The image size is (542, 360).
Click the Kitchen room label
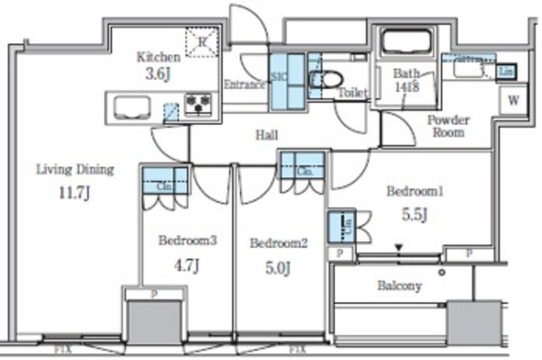(158, 58)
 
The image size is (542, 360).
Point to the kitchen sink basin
(130, 107)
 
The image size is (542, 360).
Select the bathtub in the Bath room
(406, 42)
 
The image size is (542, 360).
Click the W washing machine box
(513, 99)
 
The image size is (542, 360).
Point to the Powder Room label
(448, 126)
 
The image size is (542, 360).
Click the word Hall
(267, 134)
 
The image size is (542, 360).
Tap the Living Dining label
(75, 169)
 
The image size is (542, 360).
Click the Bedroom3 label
(187, 240)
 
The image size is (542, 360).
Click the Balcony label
(399, 285)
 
